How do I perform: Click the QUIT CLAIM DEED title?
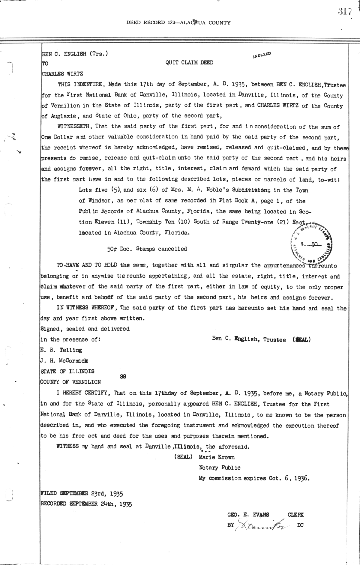189,63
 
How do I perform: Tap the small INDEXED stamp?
262,55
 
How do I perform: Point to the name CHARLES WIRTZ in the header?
62,73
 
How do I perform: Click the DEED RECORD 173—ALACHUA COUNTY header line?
178,22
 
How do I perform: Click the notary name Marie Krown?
216,457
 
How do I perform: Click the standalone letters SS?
123,377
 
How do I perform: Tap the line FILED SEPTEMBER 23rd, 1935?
81,493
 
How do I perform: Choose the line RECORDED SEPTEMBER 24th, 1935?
86,504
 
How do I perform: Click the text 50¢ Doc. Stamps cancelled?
147,249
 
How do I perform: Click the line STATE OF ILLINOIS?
67,371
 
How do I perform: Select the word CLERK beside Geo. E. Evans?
295,515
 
